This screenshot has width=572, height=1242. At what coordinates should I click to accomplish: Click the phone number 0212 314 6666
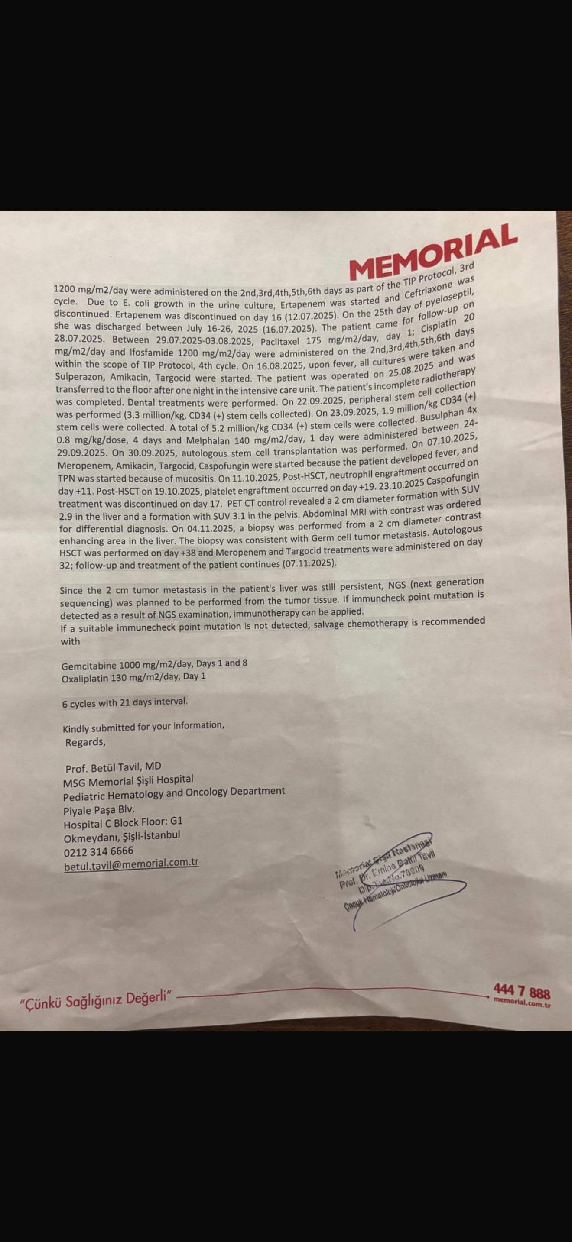(x=98, y=851)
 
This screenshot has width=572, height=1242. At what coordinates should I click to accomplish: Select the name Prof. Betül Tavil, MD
(x=114, y=767)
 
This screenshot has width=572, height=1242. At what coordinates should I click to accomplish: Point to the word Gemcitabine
(x=89, y=666)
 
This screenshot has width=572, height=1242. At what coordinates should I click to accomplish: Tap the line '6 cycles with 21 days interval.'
(x=125, y=702)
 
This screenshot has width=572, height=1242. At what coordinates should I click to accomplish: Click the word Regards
(x=85, y=742)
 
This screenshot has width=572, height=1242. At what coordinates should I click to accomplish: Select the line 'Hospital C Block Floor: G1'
(x=123, y=822)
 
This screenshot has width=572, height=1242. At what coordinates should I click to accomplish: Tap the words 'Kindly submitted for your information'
(x=143, y=727)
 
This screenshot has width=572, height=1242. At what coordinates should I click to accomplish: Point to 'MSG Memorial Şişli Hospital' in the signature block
(x=128, y=781)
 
